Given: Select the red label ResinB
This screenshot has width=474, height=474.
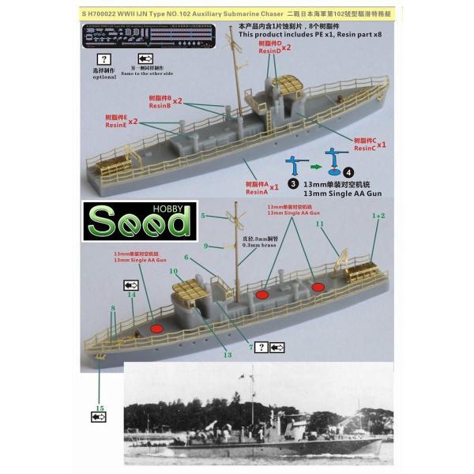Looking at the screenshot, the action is point(159,106).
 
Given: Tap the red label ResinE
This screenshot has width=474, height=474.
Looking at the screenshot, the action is point(115,126).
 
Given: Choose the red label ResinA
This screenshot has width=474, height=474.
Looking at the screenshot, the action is point(257,192).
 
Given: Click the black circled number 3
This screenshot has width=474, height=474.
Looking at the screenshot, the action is point(294,183).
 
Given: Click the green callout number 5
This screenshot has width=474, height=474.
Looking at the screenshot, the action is point(203,215).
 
